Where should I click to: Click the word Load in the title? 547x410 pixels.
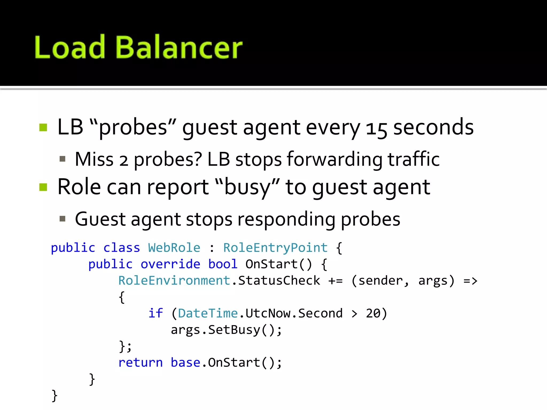click(x=70, y=48)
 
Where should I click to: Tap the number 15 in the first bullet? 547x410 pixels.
click(x=376, y=128)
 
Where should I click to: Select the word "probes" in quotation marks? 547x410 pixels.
click(x=133, y=128)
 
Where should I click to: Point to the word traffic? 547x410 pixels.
click(x=413, y=159)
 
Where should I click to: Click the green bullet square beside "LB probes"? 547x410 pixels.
click(x=43, y=128)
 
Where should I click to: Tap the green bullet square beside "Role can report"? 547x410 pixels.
click(x=43, y=187)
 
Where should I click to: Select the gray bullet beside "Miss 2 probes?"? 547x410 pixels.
click(x=62, y=159)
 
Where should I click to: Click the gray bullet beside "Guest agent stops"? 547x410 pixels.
click(x=62, y=219)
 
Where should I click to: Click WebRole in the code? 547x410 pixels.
click(x=174, y=248)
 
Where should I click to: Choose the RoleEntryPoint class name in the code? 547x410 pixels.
click(x=275, y=248)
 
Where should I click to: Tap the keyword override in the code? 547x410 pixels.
click(x=170, y=264)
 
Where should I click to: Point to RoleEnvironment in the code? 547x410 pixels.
click(x=174, y=281)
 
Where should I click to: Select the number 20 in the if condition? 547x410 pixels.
click(x=373, y=313)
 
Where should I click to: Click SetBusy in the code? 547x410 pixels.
click(x=234, y=330)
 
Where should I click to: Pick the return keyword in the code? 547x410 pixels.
click(x=140, y=363)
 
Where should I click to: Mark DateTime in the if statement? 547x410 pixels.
click(x=208, y=313)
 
